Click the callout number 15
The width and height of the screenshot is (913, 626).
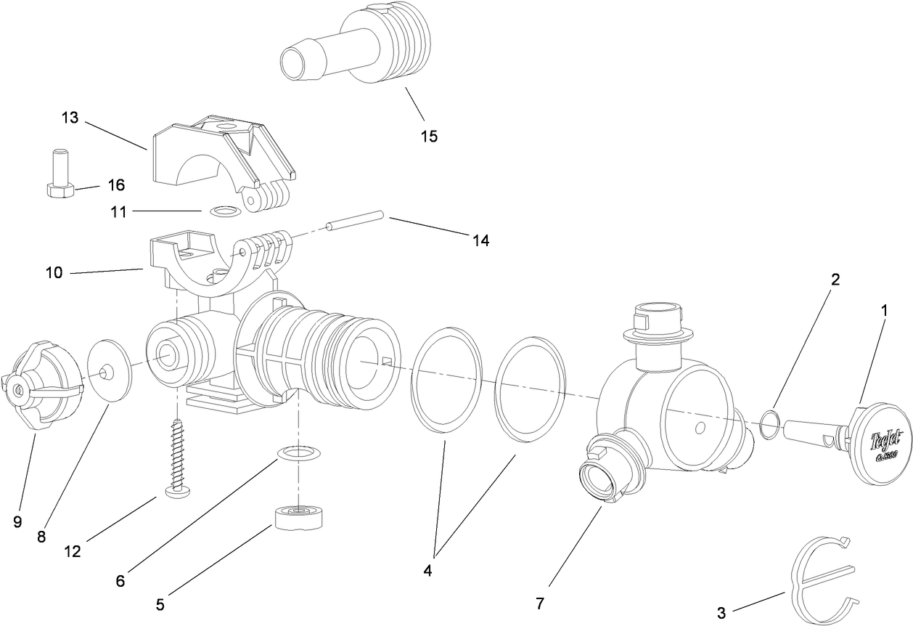[428, 136]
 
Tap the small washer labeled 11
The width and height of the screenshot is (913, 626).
[224, 211]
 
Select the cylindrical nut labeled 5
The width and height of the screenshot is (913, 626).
[298, 517]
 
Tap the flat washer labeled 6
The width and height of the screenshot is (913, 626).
[299, 455]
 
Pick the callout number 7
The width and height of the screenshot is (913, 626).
[539, 603]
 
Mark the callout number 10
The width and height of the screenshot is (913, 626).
[54, 273]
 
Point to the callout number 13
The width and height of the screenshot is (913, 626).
[70, 118]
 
